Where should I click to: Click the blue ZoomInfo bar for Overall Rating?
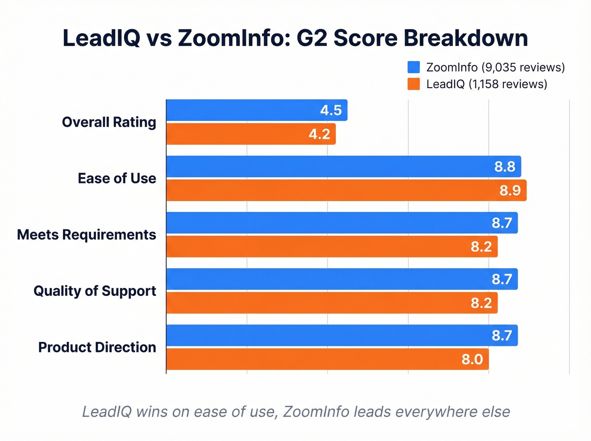coord(257,110)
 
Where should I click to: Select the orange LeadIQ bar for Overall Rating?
coord(251,134)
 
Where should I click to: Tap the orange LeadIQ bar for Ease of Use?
coord(346,190)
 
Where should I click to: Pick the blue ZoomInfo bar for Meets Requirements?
coord(342,223)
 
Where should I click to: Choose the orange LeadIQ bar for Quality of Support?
coord(332,303)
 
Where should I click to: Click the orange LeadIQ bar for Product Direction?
coord(327,359)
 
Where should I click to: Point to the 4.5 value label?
coord(331,110)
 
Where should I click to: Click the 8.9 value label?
coord(510,191)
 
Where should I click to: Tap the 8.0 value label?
coord(472,360)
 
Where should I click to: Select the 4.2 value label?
coord(319,134)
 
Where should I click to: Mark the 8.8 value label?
coord(505,167)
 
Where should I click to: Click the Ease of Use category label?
coord(117,178)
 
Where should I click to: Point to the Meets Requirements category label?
coord(87,235)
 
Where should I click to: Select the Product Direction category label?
coord(97,347)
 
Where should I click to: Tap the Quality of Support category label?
coord(95,291)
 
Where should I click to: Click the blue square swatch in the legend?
coord(414,68)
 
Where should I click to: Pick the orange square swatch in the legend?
coord(414,84)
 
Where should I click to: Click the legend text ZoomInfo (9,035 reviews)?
coord(495,68)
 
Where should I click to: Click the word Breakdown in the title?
coord(466,38)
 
